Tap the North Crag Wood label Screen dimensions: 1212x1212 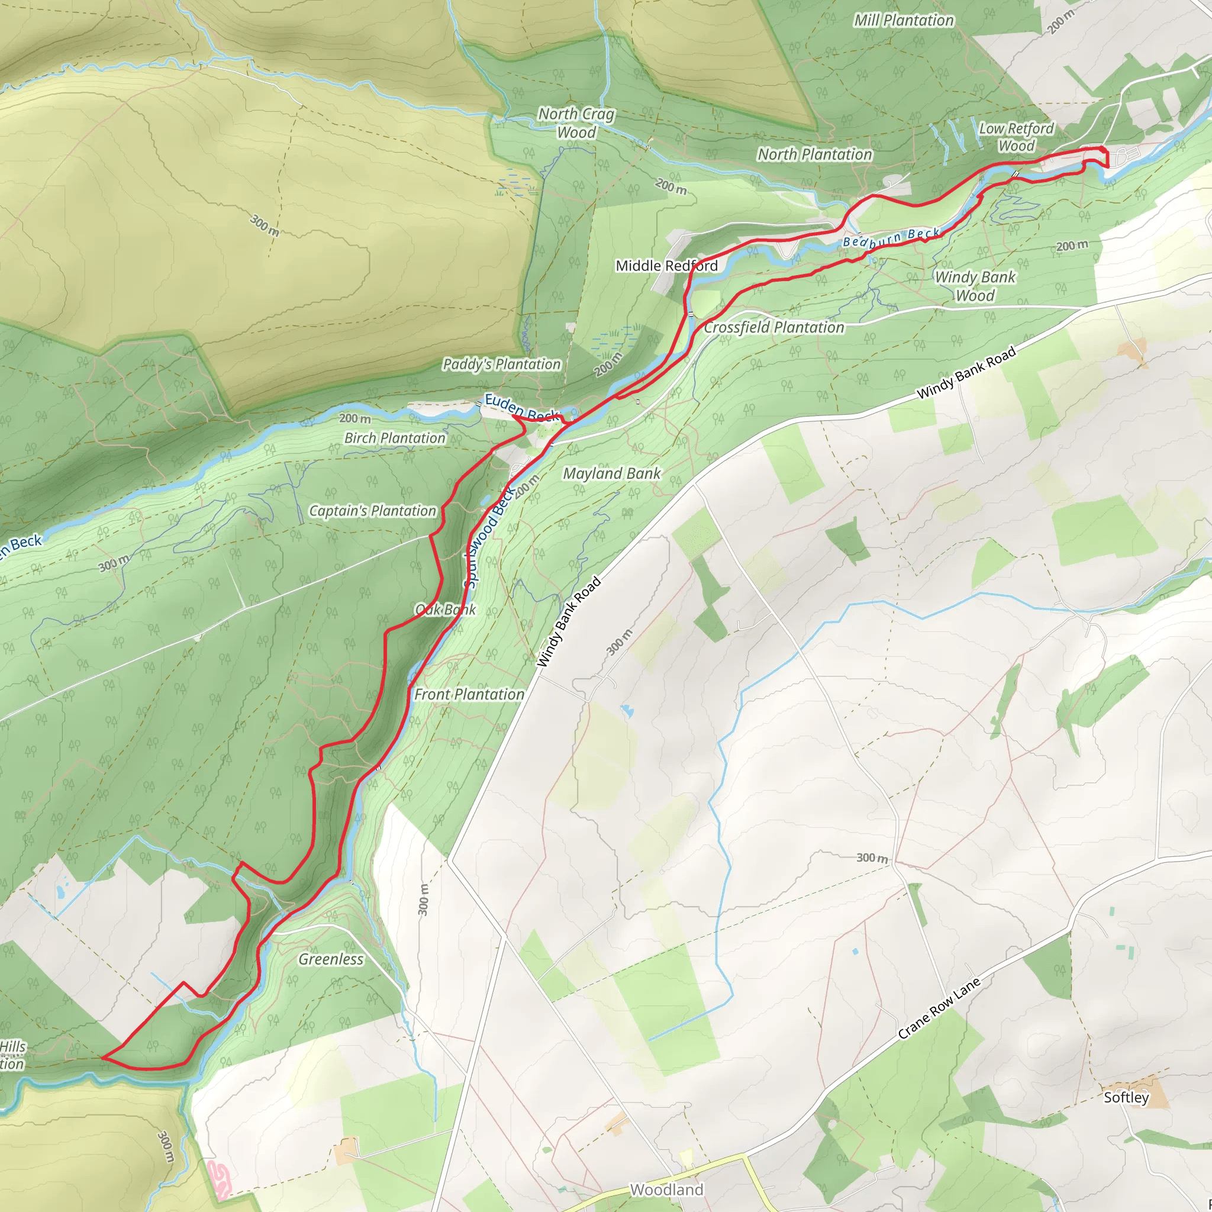(576, 123)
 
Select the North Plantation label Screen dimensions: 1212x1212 (814, 154)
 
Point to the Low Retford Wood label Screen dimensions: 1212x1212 (1016, 137)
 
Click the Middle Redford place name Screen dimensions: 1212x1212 (666, 266)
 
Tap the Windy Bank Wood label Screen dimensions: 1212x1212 (974, 286)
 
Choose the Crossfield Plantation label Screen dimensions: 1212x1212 (773, 327)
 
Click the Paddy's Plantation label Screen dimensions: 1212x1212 (501, 365)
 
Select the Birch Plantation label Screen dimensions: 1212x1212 (395, 439)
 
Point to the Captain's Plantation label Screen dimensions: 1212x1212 (372, 511)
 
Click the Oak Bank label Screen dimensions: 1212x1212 (446, 610)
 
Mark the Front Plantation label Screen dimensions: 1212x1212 (469, 694)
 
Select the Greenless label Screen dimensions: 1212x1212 (331, 959)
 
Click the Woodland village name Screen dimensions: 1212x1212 (666, 1190)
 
